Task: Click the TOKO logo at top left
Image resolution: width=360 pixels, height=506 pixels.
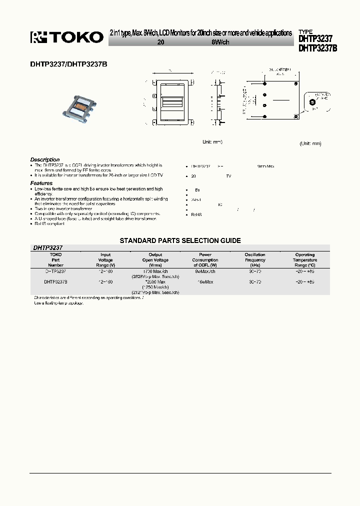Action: [x=67, y=37]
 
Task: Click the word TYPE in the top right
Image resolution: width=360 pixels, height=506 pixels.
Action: [x=306, y=31]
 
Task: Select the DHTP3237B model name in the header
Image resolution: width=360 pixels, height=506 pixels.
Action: [x=317, y=48]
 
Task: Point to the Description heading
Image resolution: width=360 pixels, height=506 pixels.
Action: [x=45, y=159]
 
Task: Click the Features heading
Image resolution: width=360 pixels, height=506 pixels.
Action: [x=41, y=183]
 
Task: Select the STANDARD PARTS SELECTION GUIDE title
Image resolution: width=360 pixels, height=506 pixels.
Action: [x=180, y=240]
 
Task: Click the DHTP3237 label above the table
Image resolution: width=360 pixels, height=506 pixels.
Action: [x=47, y=247]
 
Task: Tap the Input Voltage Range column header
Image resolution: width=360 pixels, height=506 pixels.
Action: [x=105, y=260]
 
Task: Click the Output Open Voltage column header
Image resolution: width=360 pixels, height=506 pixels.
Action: [x=155, y=260]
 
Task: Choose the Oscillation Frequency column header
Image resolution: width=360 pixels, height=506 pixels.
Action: [x=255, y=260]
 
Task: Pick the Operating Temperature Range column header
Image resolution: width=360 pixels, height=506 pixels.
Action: [x=304, y=260]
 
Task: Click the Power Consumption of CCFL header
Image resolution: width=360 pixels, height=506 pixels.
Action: [x=205, y=260]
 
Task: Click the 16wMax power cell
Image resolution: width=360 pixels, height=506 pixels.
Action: [x=205, y=282]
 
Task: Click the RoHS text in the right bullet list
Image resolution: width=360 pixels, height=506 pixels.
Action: [x=196, y=214]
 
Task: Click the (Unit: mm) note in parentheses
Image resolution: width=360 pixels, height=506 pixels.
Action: [x=310, y=143]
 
